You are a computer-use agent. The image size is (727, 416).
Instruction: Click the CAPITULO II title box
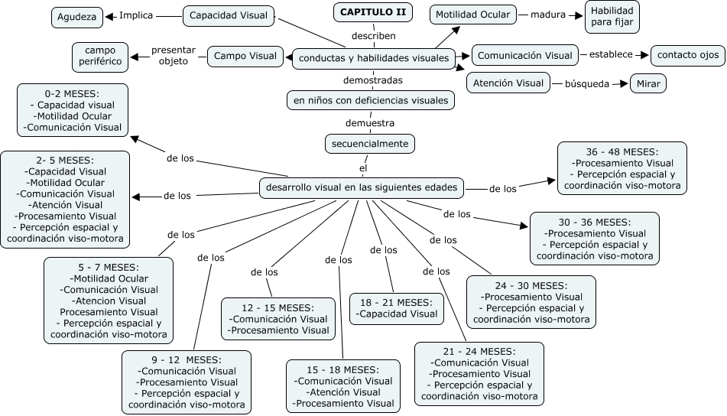point(373,12)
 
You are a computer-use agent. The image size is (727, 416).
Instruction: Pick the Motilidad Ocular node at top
point(472,15)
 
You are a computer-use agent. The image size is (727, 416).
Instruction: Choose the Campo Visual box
point(245,55)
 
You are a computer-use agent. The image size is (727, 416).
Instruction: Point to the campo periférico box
point(100,56)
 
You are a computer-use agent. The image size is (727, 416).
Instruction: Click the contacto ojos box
point(688,55)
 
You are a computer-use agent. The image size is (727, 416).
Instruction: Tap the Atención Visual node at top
point(508,83)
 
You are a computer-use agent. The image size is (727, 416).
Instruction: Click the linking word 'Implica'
point(136,15)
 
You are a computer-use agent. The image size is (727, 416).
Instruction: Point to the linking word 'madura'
point(547,15)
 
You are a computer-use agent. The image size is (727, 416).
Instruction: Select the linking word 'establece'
point(611,54)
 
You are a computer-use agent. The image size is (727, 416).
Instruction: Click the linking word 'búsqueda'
point(586,83)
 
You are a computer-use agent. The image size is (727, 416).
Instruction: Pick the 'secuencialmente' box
point(370,143)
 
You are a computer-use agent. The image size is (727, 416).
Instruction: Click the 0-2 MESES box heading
point(73,93)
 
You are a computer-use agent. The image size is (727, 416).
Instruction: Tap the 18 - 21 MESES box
point(397,308)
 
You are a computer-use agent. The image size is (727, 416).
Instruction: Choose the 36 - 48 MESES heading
point(622,151)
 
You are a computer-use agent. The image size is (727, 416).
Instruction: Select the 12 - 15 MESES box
point(278,318)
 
